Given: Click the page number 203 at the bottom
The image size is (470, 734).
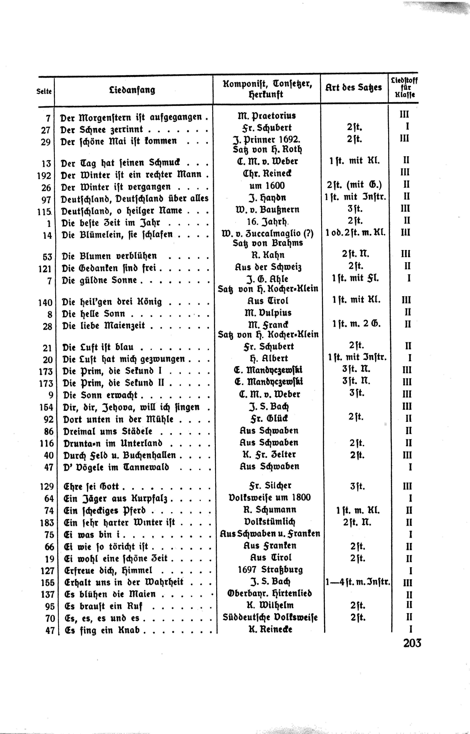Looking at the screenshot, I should click(412, 643).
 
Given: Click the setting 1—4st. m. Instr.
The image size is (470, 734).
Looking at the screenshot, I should click(358, 582).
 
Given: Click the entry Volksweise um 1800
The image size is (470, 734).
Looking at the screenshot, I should click(269, 498).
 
